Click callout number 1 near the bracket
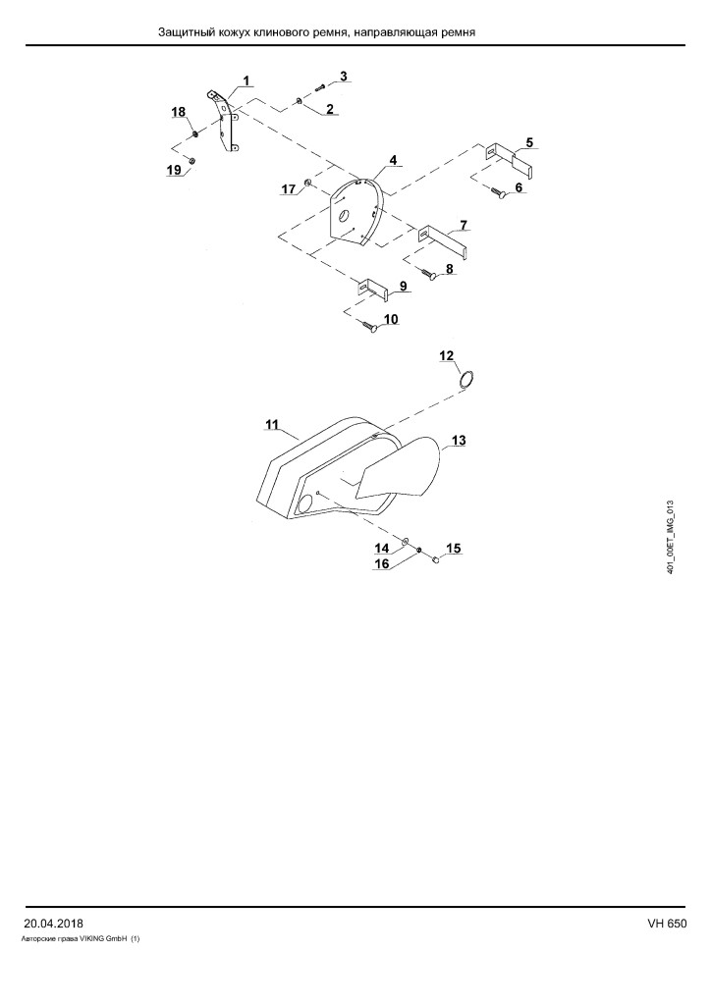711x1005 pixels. coord(246,81)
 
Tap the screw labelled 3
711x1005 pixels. coord(320,87)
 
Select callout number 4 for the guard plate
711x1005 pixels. coord(393,158)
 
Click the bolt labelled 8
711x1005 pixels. coord(429,274)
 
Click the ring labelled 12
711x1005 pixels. coord(467,380)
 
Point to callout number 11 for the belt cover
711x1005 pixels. coord(272,424)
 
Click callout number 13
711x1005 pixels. coord(459,441)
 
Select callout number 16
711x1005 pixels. coord(381,564)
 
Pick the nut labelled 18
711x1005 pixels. coord(194,134)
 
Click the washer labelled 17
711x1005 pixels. coord(308,184)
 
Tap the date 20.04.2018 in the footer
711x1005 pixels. coord(53,924)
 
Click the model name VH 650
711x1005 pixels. coord(667,924)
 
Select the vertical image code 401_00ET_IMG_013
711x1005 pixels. coord(671,537)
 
